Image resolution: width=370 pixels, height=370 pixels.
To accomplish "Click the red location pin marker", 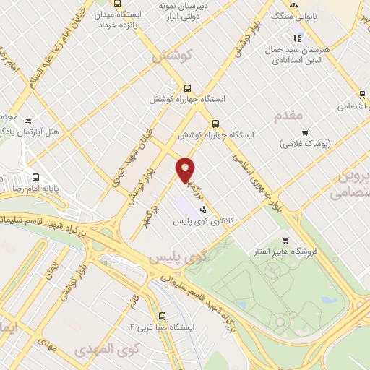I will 186,169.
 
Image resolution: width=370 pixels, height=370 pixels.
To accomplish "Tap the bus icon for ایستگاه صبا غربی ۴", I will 161,315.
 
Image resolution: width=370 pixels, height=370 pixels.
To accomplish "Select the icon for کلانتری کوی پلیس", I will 192,210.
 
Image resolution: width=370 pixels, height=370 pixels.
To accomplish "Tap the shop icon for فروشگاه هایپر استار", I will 286,241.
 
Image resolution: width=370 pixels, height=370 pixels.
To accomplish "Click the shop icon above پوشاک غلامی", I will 305,132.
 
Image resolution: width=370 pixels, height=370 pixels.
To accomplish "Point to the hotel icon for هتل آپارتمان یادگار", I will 27,120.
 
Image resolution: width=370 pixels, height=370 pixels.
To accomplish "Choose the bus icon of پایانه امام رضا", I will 33,176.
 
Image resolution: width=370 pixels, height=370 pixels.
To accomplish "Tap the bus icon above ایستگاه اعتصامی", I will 362,94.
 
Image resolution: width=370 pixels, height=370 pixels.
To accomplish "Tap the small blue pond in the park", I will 329,299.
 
